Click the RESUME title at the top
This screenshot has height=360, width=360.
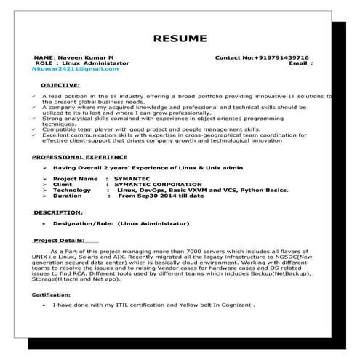[x=179, y=39]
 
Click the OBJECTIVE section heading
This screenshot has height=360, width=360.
[x=59, y=84]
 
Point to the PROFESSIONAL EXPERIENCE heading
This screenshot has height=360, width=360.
[x=80, y=156]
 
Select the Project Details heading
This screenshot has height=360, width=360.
[x=58, y=240]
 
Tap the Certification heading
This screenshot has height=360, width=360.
[x=52, y=294]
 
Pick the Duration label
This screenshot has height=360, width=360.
[x=68, y=196]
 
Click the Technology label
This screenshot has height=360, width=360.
[x=72, y=190]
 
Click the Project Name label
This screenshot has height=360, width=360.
[x=75, y=178]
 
